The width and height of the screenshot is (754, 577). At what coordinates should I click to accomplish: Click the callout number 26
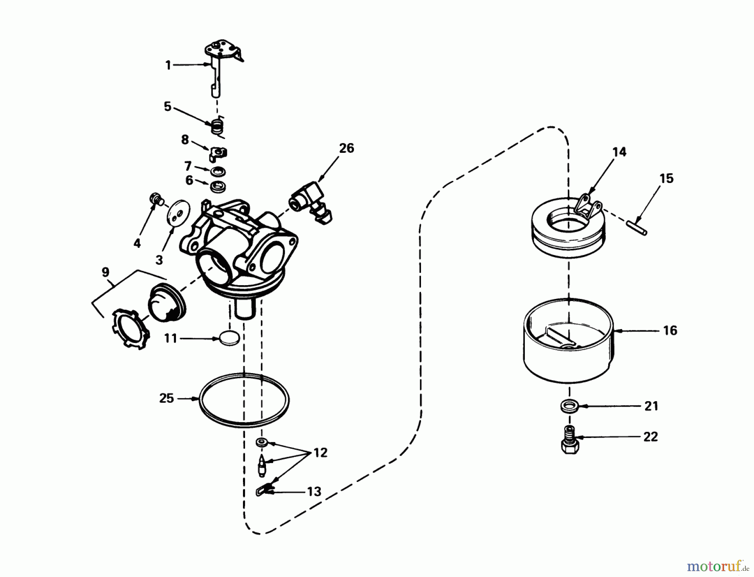point(346,148)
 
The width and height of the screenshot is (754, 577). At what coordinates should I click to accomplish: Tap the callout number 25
point(166,398)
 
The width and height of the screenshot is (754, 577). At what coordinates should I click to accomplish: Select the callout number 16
point(670,330)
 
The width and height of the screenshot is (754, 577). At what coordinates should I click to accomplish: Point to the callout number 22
point(651,437)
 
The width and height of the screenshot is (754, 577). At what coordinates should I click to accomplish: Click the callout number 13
point(314,491)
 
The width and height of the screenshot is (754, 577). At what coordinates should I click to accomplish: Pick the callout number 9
point(105,273)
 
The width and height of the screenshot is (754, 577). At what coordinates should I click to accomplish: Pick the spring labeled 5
point(217,126)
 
